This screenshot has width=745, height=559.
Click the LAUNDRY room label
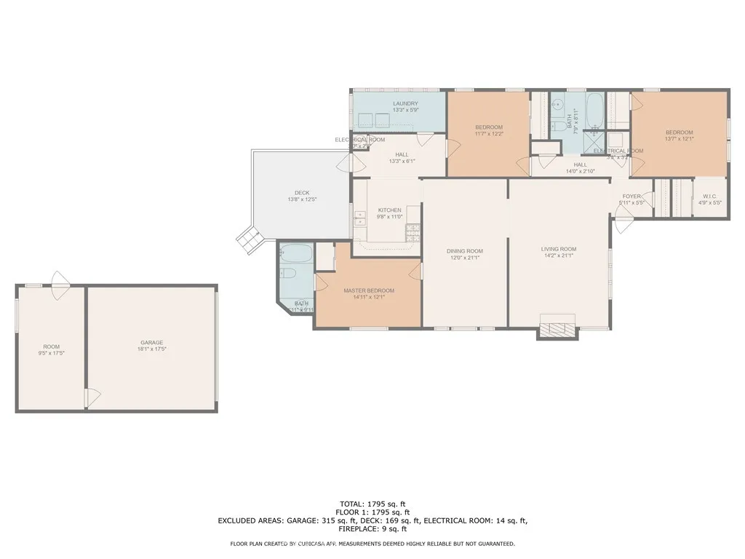coord(405,103)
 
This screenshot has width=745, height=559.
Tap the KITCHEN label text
coord(389,210)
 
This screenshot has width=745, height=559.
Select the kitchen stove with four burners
coord(413,232)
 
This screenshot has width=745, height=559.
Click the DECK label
coord(302,193)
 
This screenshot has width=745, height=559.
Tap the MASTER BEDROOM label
coord(369,290)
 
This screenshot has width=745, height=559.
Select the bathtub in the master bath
coord(295,254)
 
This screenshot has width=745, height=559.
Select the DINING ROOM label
coord(465,251)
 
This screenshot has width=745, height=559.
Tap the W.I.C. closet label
coord(710,197)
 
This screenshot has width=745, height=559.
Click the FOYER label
coord(630,196)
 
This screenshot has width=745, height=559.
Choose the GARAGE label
coord(151,342)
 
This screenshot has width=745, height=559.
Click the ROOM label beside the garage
coord(51,346)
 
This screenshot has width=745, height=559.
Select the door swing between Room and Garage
coord(92,397)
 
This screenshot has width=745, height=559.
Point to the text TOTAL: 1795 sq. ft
coord(372,503)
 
